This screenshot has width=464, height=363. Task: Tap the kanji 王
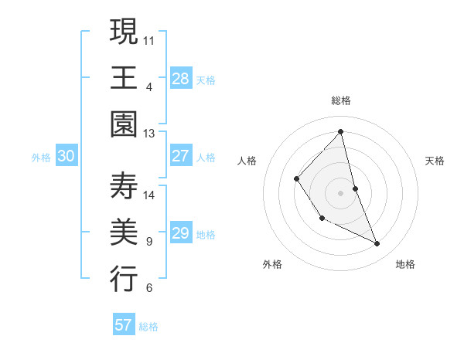(x=124, y=77)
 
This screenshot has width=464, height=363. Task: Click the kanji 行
(x=124, y=279)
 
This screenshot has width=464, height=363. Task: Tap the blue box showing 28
(x=181, y=78)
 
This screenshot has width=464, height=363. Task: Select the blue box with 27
(x=181, y=156)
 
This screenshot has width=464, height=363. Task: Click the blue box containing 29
(x=181, y=233)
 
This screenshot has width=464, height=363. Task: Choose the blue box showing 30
(x=67, y=156)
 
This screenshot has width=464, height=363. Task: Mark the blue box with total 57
(x=124, y=325)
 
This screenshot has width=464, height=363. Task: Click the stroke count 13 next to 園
(x=148, y=134)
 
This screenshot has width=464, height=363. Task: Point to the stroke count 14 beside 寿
(x=148, y=195)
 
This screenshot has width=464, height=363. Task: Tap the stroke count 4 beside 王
(x=148, y=87)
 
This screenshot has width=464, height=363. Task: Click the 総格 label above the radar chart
(x=341, y=100)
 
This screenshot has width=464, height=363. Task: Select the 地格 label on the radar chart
(x=405, y=264)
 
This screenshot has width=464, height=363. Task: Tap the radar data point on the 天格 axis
(x=355, y=188)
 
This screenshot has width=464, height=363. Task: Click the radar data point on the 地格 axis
(x=377, y=244)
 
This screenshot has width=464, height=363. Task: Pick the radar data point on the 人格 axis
(x=296, y=179)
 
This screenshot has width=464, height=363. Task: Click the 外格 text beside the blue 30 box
(x=41, y=157)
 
